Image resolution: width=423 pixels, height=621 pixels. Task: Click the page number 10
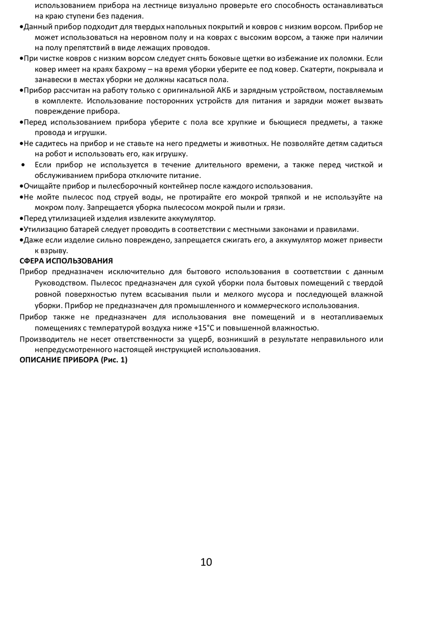point(206,562)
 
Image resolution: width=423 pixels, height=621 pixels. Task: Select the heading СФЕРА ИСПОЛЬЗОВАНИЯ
point(66,261)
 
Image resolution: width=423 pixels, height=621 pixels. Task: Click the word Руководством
point(58,282)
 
